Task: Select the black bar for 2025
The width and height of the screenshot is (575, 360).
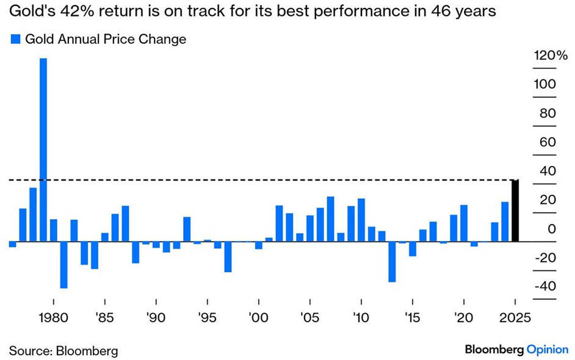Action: [515, 211]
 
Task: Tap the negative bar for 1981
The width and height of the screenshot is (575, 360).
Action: [63, 265]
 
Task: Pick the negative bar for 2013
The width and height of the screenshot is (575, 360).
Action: [392, 262]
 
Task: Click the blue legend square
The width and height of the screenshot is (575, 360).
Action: [15, 40]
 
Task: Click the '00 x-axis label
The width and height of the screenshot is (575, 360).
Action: [259, 319]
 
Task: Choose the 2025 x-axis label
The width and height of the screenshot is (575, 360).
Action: [515, 319]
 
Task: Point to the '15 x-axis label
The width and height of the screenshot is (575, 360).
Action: [413, 319]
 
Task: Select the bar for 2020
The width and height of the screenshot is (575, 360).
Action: [464, 223]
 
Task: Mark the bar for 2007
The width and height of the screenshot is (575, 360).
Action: [330, 219]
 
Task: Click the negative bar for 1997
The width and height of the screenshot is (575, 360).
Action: [228, 257]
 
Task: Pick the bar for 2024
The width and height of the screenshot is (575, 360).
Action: [505, 221]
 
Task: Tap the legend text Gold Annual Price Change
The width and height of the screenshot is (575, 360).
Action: [106, 40]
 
